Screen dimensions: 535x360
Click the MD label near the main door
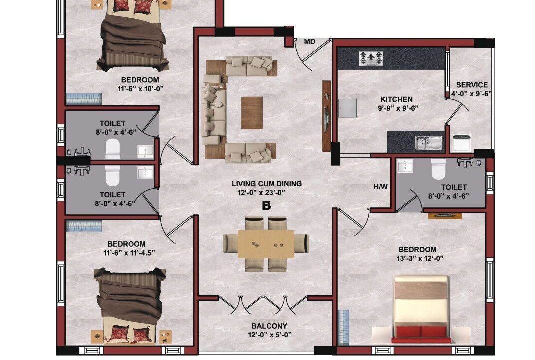310,42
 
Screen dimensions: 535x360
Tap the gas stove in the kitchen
371,58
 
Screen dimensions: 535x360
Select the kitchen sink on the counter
429,143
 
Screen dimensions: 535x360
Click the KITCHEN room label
397,99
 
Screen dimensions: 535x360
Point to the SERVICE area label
472,85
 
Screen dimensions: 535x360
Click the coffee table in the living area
252,113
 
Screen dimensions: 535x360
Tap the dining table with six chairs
266,244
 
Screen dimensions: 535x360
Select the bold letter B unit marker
266,206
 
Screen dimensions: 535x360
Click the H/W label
381,187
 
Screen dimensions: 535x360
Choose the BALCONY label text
269,326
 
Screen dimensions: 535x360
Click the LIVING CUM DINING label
267,184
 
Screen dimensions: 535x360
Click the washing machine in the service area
462,143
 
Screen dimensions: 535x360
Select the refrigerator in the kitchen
347,108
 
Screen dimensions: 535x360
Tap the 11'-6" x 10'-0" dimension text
140,89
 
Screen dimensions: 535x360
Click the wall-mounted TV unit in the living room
327,116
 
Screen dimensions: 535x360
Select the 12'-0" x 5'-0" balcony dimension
270,335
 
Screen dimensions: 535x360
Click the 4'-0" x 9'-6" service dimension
471,94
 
